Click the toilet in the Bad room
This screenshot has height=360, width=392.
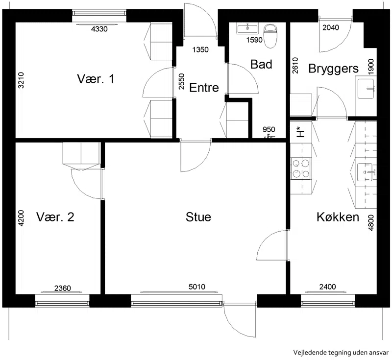click(270, 36)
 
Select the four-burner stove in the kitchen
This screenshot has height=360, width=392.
click(301, 168)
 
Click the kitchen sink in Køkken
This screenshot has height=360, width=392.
click(365, 172)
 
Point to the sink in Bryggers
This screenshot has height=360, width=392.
click(366, 89)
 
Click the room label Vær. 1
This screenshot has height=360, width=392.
click(96, 79)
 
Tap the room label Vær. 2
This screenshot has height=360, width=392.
click(55, 216)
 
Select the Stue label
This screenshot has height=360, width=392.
click(198, 216)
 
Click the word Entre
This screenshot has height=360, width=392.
click(204, 88)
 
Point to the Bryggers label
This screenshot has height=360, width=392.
click(333, 69)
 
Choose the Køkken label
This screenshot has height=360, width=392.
click(338, 217)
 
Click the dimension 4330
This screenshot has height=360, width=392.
click(99, 29)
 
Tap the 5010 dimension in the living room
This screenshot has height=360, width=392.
click(197, 287)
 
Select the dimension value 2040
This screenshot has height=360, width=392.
click(330, 27)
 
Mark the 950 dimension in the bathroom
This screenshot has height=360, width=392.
click(269, 129)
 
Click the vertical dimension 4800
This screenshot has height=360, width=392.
click(371, 222)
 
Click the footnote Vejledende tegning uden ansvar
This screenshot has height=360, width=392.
click(341, 353)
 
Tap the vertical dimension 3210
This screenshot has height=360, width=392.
click(21, 80)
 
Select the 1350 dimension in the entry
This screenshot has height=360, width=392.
click(200, 49)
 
